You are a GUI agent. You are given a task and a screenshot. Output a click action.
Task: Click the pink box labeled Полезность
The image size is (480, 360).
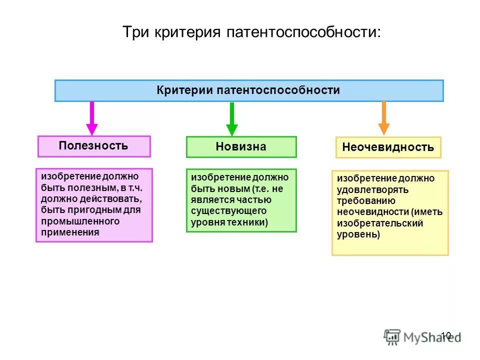[x=94, y=146]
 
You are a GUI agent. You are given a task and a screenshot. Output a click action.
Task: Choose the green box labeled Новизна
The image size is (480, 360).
[x=241, y=147]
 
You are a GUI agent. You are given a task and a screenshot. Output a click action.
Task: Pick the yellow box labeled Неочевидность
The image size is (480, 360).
[x=388, y=147]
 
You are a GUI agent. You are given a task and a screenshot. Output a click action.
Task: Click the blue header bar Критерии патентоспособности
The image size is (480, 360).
[x=248, y=90]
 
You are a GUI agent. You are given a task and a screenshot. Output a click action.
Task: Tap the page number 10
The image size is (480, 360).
[x=446, y=335]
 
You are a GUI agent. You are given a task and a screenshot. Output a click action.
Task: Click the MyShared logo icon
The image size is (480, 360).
[x=392, y=336]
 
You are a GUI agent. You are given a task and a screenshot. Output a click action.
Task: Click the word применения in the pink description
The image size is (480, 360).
[x=70, y=232]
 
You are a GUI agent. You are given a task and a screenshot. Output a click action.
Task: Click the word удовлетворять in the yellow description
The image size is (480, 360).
[x=372, y=190]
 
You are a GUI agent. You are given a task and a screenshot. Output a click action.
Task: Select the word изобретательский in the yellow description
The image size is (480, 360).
[x=380, y=223]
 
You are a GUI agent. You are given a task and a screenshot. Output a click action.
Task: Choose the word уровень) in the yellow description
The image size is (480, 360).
[x=358, y=234]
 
